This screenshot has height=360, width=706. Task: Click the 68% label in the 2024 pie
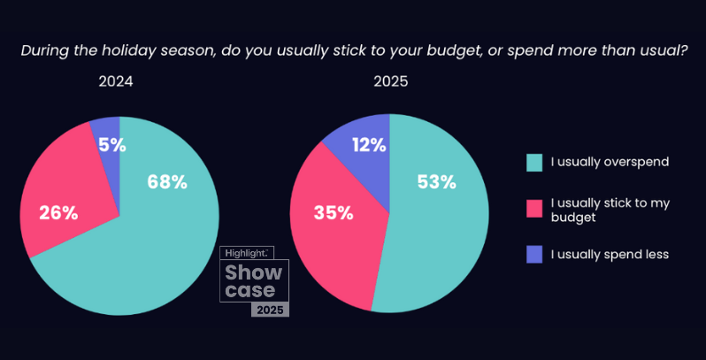click(x=166, y=181)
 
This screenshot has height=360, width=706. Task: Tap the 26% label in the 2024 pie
click(x=58, y=212)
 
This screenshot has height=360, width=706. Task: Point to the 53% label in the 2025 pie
click(x=435, y=182)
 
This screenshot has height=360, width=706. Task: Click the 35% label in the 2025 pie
click(x=334, y=212)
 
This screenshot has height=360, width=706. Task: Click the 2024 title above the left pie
click(x=116, y=82)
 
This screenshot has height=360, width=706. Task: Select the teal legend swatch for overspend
click(x=533, y=162)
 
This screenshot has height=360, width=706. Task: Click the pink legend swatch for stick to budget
click(x=533, y=208)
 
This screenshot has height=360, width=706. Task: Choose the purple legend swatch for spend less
click(x=533, y=255)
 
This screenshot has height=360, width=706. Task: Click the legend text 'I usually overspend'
click(x=610, y=162)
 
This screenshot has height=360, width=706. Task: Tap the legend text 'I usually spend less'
click(x=610, y=255)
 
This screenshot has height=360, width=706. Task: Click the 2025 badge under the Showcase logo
click(x=269, y=310)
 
